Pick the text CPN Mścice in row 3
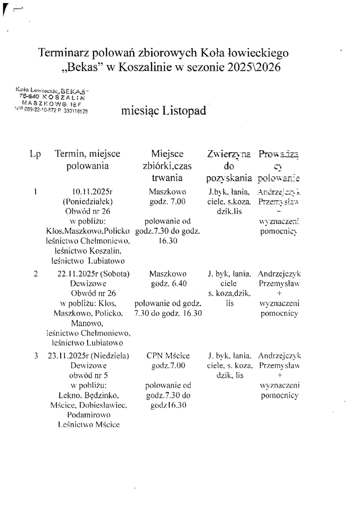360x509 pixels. [x=168, y=355]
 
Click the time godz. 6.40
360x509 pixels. [x=168, y=284]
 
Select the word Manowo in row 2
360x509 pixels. [x=88, y=323]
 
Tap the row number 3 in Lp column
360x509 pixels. [x=36, y=355]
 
